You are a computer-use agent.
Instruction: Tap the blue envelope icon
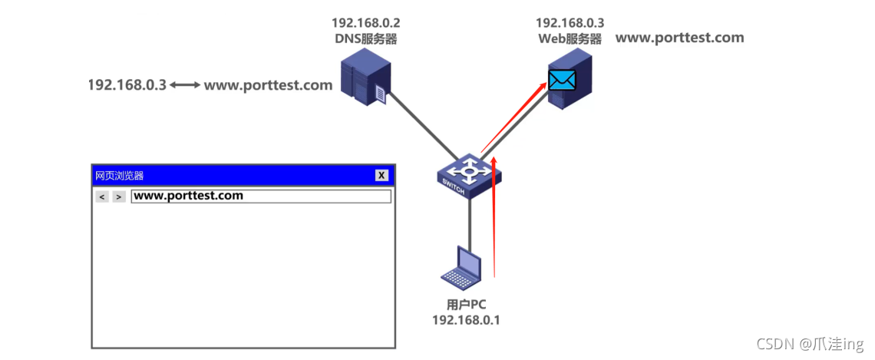[x=561, y=79]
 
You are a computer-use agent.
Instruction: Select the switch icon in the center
[x=467, y=177]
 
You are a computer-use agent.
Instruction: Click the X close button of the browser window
[x=381, y=175]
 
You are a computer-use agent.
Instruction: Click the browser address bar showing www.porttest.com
[x=261, y=196]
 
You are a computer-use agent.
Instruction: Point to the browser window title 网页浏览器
[x=119, y=175]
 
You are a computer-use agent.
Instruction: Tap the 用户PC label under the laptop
[x=466, y=305]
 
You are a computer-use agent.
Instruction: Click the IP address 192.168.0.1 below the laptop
[x=466, y=320]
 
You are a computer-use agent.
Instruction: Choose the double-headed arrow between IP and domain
[x=184, y=85]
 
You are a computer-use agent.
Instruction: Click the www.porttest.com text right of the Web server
[x=679, y=38]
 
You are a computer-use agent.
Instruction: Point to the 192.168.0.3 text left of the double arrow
[x=127, y=85]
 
